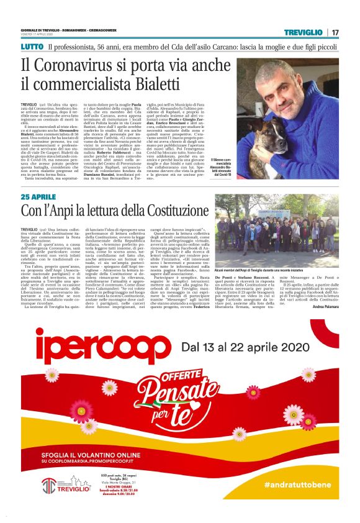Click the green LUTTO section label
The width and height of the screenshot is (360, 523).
pyautogui.click(x=32, y=47)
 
